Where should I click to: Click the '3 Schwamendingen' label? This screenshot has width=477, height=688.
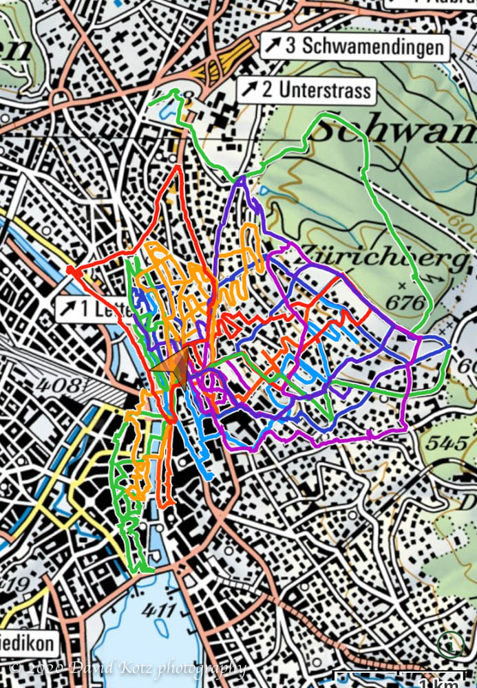pos(354,46)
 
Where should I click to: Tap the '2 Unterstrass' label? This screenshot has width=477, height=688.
pos(306,90)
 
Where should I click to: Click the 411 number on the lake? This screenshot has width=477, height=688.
pos(160,610)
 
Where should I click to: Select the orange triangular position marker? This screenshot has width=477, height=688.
pos(176,366)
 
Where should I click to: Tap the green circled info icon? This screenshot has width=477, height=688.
pos(451,645)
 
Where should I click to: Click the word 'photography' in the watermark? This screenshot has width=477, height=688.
pos(201,667)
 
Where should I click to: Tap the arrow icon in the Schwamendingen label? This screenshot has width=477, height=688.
pos(273,46)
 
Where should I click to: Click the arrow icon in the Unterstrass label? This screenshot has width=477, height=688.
pos(248,90)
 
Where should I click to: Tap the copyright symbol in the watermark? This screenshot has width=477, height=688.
pos(16,667)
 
